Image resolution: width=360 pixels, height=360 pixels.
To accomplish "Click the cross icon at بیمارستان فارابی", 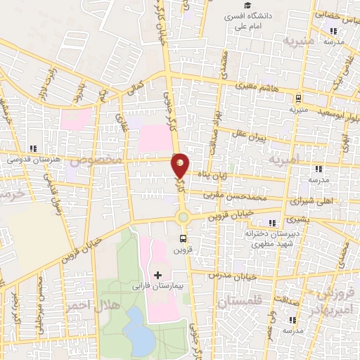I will click(157, 274).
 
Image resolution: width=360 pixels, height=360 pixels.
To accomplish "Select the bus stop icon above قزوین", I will click(184, 238).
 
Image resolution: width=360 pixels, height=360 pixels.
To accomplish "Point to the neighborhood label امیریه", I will click(283, 161).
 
